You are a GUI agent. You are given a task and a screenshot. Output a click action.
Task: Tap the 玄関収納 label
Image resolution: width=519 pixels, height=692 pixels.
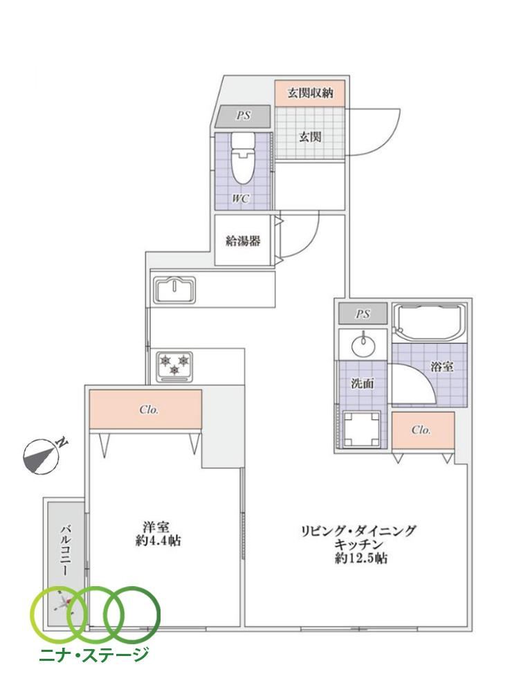[310, 93]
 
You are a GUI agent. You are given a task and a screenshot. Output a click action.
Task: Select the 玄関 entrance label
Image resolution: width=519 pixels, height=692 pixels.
[310, 137]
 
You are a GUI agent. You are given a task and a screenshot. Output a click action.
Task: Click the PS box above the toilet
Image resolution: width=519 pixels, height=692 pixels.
[243, 116]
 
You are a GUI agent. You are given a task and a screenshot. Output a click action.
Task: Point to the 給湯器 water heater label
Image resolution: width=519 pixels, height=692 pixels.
[243, 241]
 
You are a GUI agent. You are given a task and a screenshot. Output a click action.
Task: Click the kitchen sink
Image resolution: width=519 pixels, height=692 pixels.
[175, 290]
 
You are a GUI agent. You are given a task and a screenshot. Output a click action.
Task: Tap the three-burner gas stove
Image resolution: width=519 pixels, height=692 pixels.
[175, 366]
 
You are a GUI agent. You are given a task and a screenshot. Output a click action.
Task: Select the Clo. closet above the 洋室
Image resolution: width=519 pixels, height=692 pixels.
[145, 409]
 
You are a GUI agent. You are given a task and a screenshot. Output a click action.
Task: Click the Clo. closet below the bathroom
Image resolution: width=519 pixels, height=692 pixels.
[424, 430]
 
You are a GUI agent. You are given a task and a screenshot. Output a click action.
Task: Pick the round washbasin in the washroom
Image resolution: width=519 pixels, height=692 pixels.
[363, 344]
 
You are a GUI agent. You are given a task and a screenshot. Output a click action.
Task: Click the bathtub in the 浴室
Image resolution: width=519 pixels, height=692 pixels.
[430, 322]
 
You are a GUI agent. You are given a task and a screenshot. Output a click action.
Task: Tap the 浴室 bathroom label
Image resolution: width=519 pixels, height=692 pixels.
[442, 366]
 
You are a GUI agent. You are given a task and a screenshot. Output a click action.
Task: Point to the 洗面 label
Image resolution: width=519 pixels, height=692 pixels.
[363, 383]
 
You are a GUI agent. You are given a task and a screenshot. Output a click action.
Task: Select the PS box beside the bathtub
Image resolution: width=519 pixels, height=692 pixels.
[363, 313]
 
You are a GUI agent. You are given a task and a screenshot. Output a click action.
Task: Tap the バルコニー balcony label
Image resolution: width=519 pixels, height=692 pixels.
[66, 549]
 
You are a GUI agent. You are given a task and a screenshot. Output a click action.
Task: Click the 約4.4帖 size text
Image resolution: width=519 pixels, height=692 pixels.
[158, 540]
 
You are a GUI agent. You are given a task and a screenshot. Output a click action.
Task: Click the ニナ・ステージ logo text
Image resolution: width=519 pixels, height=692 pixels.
[94, 654]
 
